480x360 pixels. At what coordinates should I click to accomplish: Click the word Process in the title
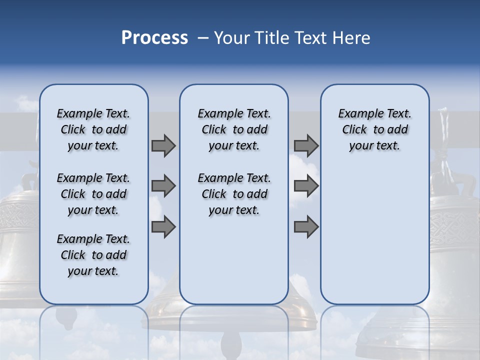tap(154, 37)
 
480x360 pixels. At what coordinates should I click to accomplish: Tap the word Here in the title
tap(352, 38)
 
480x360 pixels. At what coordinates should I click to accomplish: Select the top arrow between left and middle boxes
tap(163, 145)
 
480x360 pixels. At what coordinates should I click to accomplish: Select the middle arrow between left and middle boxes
tap(163, 186)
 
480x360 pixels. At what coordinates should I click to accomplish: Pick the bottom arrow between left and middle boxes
tap(163, 226)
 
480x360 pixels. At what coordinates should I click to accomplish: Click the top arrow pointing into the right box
tap(306, 145)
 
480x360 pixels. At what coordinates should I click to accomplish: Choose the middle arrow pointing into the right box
tap(306, 186)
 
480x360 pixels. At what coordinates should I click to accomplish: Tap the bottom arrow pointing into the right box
tap(306, 226)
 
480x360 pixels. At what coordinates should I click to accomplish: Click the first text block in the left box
tap(93, 129)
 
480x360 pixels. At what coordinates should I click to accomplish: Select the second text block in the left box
tap(93, 194)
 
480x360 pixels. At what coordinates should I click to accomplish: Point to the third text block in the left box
tap(93, 255)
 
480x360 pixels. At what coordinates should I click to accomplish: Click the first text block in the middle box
tap(234, 129)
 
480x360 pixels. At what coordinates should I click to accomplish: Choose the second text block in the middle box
tap(234, 194)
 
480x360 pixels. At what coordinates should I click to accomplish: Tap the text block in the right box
tap(374, 129)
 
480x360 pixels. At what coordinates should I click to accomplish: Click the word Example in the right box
tap(356, 114)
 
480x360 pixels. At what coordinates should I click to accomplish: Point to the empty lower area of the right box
tap(374, 235)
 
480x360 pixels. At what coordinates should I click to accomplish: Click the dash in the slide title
tap(203, 38)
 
